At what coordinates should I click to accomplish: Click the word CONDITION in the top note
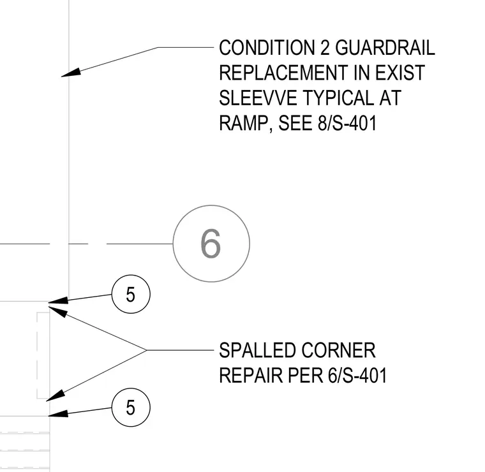[x=267, y=48]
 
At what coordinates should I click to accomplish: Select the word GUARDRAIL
[x=385, y=48]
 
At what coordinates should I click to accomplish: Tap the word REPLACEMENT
[x=283, y=73]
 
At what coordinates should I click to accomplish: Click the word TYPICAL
[x=338, y=98]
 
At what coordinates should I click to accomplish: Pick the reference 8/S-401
[x=347, y=123]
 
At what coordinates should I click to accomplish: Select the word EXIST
[x=400, y=73]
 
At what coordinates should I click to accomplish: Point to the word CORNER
[x=338, y=351]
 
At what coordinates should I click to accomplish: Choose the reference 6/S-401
[x=357, y=376]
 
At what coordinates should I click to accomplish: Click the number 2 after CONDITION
[x=325, y=48]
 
